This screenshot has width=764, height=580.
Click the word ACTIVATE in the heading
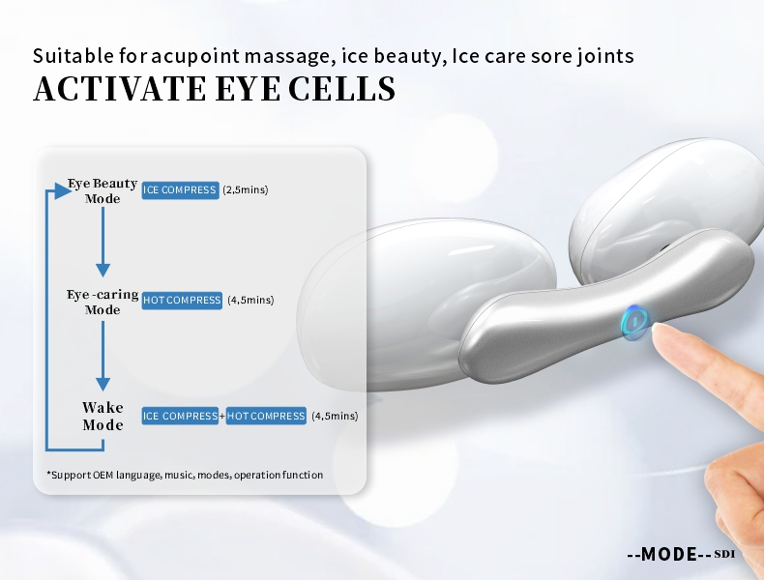click(x=119, y=89)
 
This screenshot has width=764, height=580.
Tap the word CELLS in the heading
click(x=341, y=89)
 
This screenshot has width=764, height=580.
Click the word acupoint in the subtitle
click(x=195, y=56)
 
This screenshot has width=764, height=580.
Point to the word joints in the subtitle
click(x=605, y=56)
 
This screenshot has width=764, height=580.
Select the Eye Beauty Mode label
click(x=103, y=190)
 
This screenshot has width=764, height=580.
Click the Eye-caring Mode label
click(x=103, y=302)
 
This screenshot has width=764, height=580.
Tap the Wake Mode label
click(x=103, y=416)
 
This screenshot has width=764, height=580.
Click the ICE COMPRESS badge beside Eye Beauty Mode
click(x=180, y=189)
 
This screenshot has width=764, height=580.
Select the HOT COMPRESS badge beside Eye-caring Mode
click(x=182, y=300)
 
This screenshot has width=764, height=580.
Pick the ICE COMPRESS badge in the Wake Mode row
click(x=180, y=416)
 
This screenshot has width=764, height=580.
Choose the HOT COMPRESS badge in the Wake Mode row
click(x=266, y=416)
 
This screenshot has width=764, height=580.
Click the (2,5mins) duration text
click(x=245, y=189)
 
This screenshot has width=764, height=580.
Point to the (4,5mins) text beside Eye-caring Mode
click(x=250, y=300)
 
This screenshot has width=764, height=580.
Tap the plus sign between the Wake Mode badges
click(x=222, y=417)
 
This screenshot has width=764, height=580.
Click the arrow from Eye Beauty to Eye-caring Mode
click(x=103, y=242)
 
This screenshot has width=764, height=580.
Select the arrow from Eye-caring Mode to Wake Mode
click(x=103, y=356)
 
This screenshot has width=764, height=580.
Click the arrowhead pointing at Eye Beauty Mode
click(x=62, y=190)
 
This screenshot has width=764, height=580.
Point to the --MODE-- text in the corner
click(x=669, y=554)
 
